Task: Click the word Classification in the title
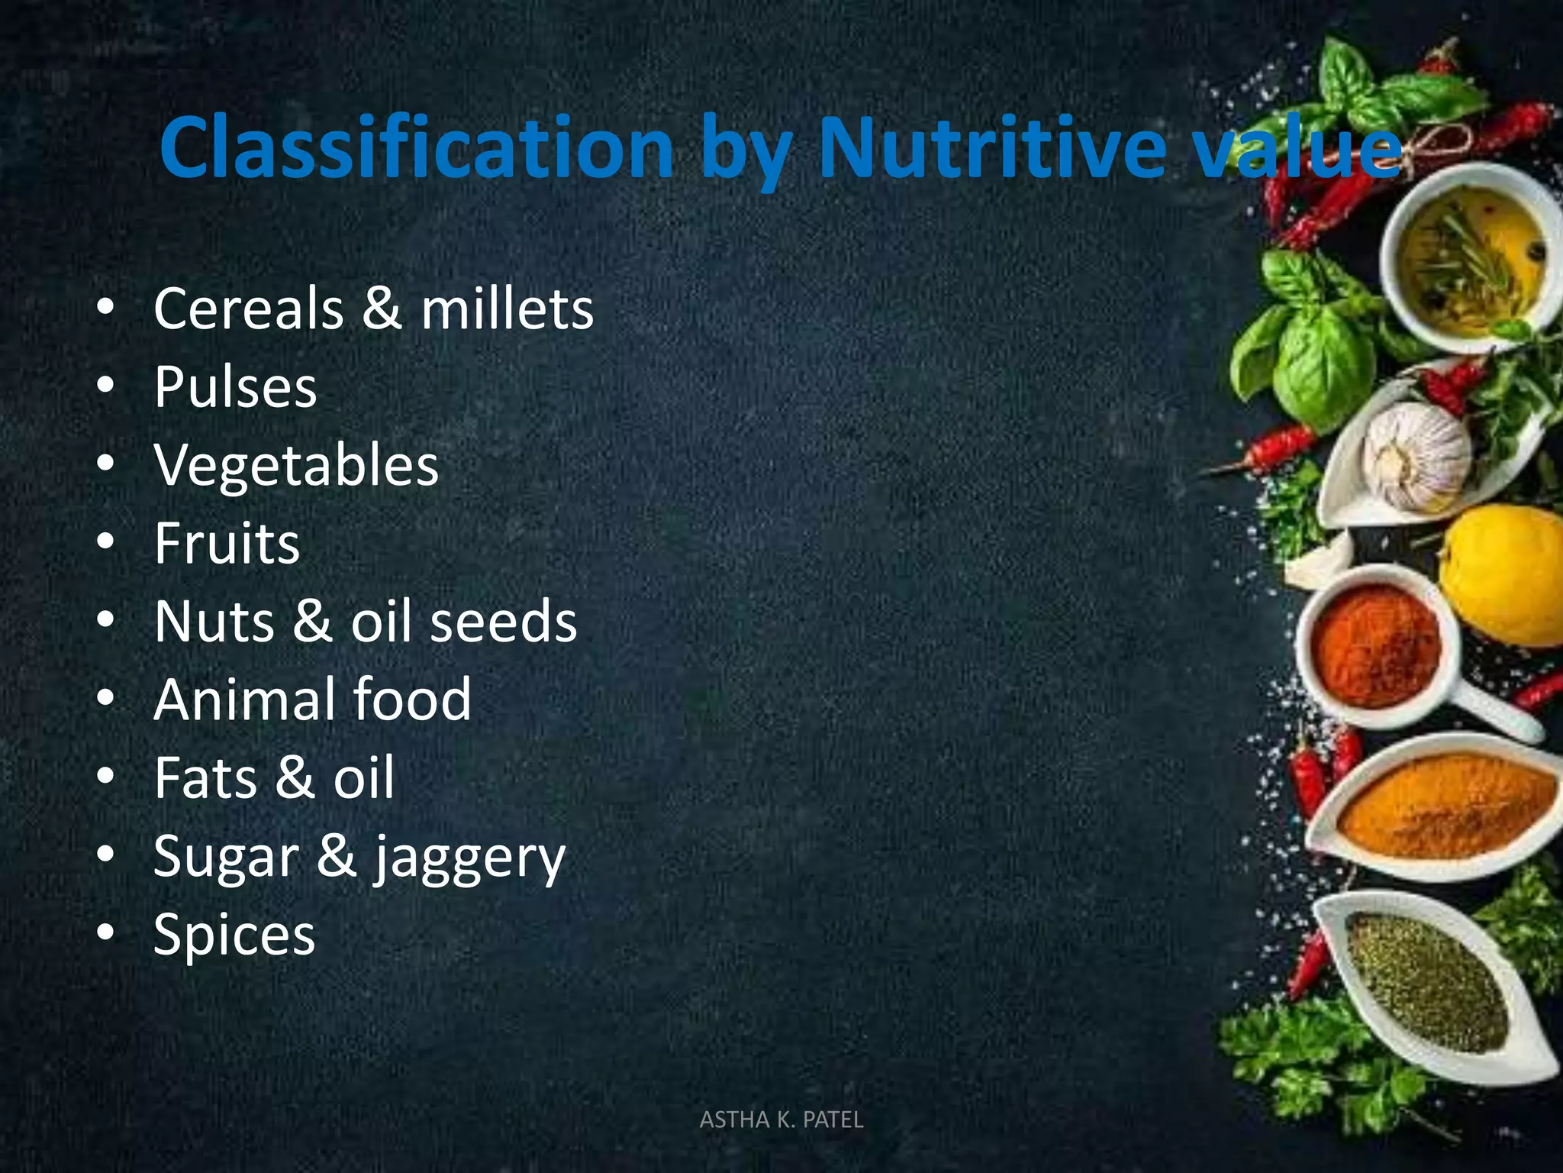(x=416, y=147)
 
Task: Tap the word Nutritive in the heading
(x=992, y=147)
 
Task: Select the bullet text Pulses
(x=235, y=387)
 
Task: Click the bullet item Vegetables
(x=296, y=465)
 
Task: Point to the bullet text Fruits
(x=227, y=544)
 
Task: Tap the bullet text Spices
(x=234, y=935)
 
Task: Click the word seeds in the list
(x=504, y=622)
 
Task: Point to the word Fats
(x=205, y=778)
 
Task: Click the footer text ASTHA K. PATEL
(x=781, y=1120)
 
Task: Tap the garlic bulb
(x=1416, y=456)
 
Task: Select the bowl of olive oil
(x=1469, y=256)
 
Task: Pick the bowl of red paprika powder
(x=1378, y=645)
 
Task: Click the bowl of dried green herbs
(x=1427, y=985)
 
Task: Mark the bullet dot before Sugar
(x=106, y=853)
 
